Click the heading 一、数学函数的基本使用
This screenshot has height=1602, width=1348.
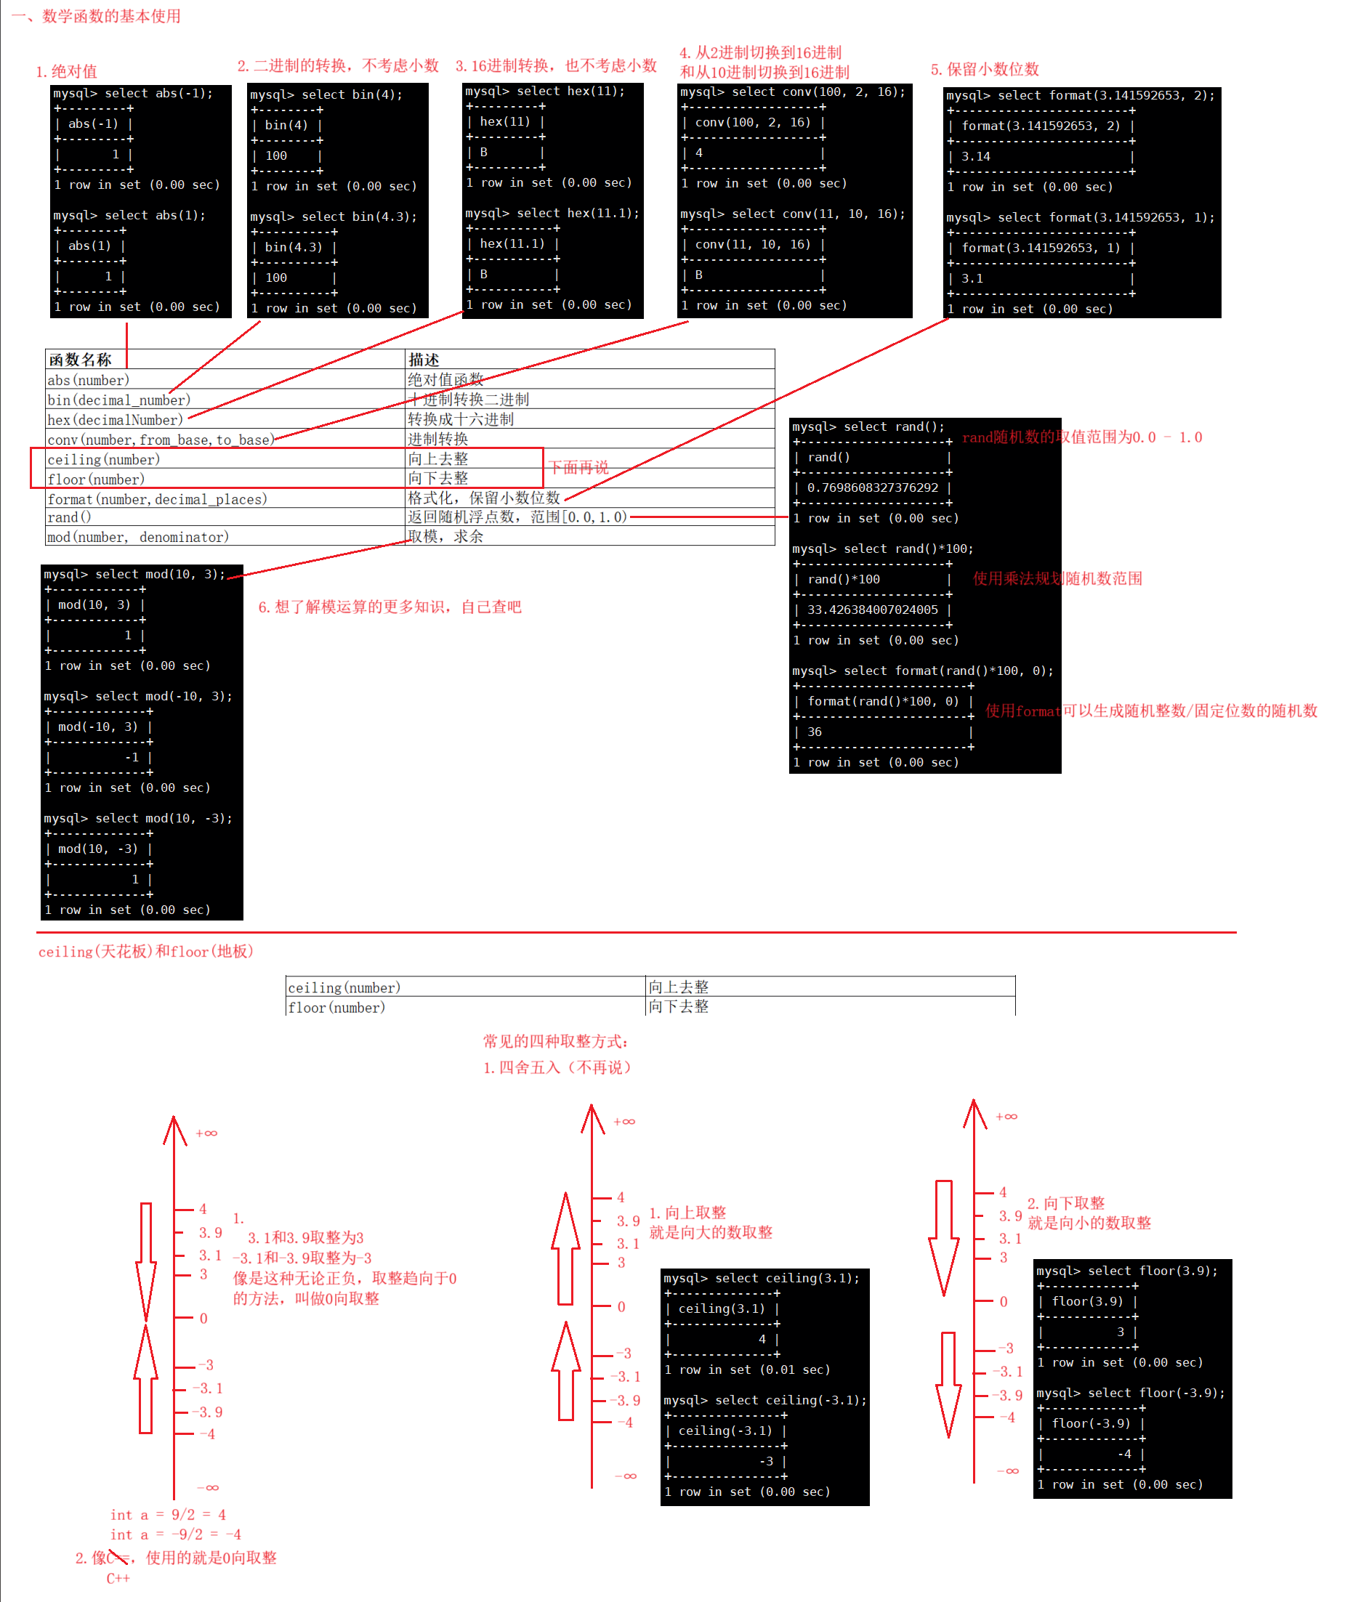(96, 16)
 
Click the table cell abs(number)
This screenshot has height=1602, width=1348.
(89, 381)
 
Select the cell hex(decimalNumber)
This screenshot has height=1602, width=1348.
(116, 420)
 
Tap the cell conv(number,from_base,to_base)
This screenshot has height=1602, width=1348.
(161, 440)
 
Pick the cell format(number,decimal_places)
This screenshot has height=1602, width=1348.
(158, 500)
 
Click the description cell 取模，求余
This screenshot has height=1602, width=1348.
(445, 537)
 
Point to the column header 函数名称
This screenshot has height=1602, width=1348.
(80, 360)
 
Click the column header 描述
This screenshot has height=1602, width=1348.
(424, 360)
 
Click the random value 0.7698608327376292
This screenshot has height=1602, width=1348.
(872, 488)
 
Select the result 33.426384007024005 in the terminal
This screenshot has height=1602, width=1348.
(872, 610)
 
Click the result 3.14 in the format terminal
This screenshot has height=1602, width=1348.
(976, 157)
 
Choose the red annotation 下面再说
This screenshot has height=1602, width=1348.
(578, 468)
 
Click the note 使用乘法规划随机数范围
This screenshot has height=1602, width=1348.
(1057, 579)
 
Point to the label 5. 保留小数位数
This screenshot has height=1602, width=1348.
(984, 70)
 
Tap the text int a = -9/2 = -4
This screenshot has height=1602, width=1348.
(176, 1534)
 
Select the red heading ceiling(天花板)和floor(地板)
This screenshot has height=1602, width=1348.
(145, 952)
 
